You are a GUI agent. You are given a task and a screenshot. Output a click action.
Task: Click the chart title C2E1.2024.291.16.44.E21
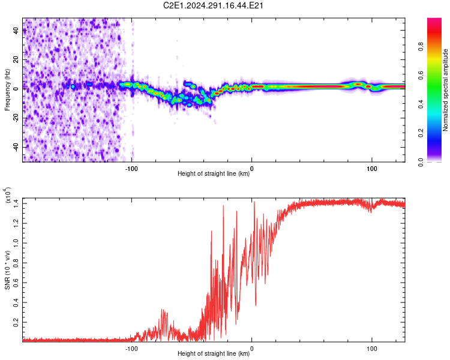click(213, 5)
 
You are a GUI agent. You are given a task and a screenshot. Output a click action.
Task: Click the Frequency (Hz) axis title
click(7, 90)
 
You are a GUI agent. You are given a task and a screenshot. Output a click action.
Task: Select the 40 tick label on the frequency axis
click(16, 31)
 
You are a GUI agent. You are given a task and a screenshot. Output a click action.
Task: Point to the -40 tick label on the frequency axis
click(16, 148)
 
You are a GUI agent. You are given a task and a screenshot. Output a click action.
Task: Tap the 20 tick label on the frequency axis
click(16, 60)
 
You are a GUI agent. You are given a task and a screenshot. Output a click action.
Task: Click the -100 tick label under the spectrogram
click(131, 169)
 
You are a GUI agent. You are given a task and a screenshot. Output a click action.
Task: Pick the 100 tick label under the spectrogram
click(371, 169)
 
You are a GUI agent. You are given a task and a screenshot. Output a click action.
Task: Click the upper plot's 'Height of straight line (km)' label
click(214, 173)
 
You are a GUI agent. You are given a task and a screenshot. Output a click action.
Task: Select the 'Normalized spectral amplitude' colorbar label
click(445, 90)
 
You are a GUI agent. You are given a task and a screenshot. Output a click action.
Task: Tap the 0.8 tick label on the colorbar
click(421, 47)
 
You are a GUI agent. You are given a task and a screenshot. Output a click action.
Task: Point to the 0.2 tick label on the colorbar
click(421, 133)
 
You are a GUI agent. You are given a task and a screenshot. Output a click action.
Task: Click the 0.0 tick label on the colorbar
click(421, 162)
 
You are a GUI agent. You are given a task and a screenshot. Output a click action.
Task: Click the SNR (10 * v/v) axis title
click(7, 270)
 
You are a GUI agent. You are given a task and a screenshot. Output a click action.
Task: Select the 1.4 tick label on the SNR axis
click(16, 203)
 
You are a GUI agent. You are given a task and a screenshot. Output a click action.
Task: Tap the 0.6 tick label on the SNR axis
click(16, 283)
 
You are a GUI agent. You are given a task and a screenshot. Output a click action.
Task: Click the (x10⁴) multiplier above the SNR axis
click(8, 195)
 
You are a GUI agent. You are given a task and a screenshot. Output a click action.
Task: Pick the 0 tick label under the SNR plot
click(251, 349)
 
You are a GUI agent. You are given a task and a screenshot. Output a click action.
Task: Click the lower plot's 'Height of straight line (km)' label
click(214, 353)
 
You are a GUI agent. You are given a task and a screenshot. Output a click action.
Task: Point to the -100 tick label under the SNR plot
click(131, 349)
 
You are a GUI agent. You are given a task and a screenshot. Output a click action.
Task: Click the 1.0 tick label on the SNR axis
click(16, 243)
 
